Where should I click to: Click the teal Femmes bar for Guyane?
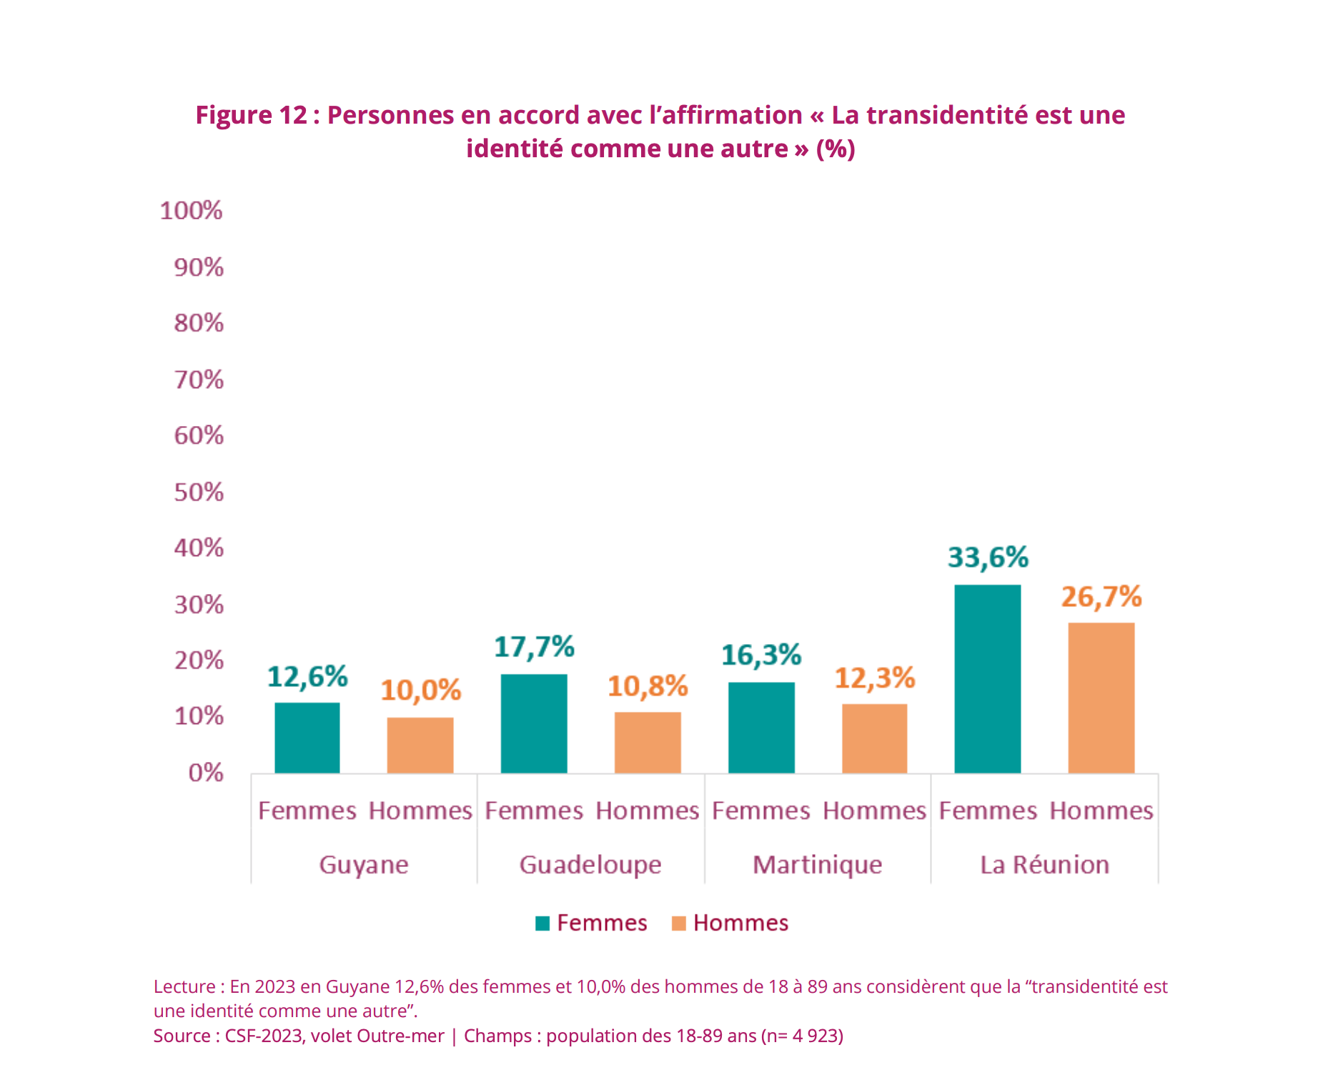click(307, 738)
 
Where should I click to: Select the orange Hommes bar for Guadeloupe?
click(648, 743)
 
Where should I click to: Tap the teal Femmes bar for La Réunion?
click(988, 679)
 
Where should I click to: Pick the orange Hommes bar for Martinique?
click(874, 738)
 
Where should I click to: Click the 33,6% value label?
click(988, 558)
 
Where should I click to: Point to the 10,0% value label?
click(420, 690)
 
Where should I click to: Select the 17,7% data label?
click(534, 647)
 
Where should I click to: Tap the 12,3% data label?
click(874, 678)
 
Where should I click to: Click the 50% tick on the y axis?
click(199, 492)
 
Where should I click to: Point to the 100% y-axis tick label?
click(192, 211)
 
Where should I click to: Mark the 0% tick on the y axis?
click(206, 773)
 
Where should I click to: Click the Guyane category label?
click(364, 865)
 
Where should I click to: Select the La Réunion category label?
click(1044, 865)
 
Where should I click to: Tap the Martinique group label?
click(817, 865)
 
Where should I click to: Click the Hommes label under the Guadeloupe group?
click(648, 811)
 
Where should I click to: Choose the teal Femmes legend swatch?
click(542, 923)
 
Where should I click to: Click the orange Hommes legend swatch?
click(679, 923)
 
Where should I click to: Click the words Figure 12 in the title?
click(251, 115)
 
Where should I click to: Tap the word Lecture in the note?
click(184, 986)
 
